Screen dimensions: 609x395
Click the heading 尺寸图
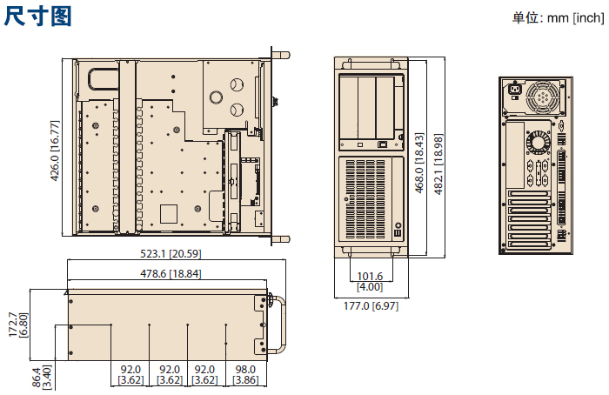point(37,17)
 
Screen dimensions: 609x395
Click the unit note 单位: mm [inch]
point(558,18)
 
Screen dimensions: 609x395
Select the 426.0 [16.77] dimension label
point(55,151)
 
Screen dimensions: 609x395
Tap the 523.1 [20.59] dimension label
point(171,254)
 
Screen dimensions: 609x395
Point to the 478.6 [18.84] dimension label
point(171,274)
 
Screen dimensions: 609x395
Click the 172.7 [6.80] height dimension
point(18,325)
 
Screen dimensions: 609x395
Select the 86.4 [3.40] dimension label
point(41,377)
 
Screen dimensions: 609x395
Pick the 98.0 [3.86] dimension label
point(245,374)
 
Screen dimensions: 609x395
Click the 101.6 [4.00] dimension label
point(370,282)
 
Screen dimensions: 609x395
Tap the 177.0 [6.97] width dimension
point(371,306)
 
